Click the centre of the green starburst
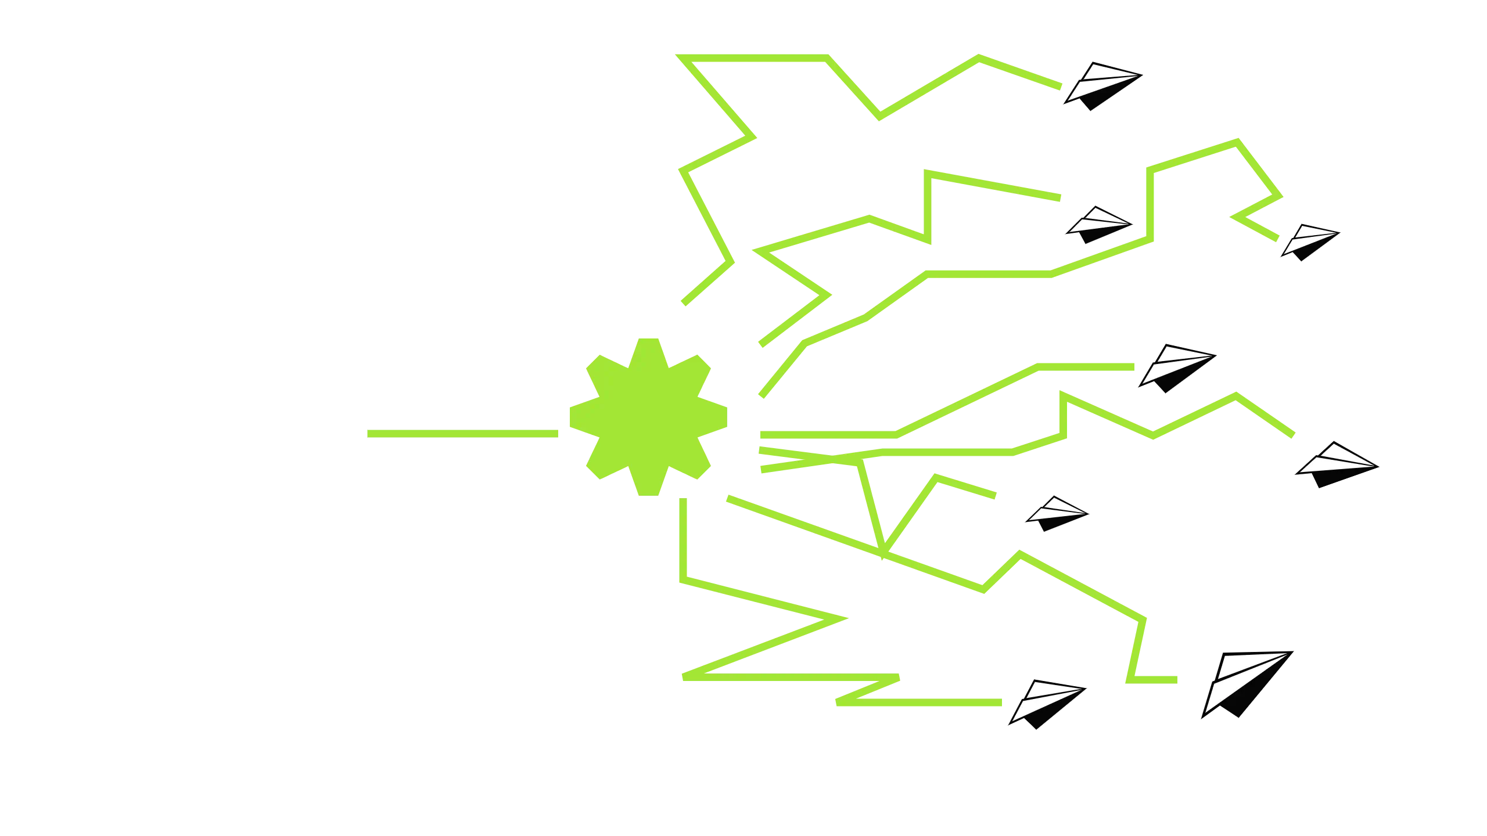pos(648,416)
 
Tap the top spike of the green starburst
pos(648,345)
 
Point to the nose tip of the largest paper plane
pos(1285,654)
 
